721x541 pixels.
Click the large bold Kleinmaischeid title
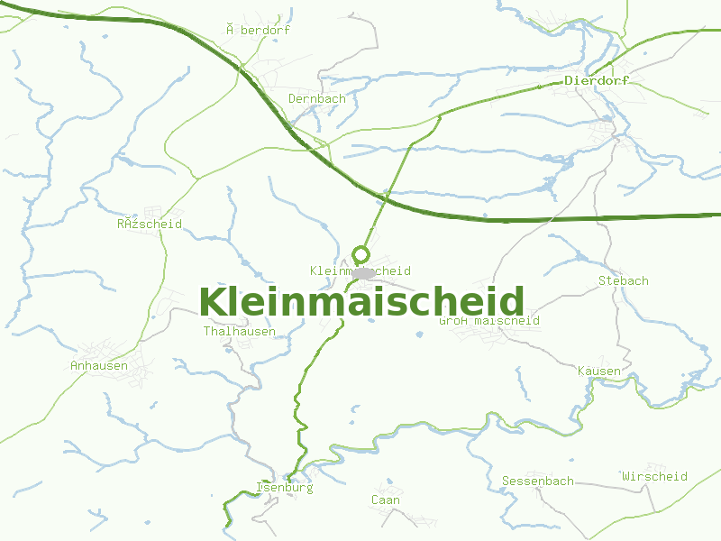pos(361,302)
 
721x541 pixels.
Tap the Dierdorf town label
pos(597,80)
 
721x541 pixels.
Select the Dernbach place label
pos(316,98)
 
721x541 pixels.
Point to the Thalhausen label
pos(239,331)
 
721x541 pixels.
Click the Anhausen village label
pos(99,365)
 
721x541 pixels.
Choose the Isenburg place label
pos(285,487)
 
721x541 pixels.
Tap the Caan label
pos(386,500)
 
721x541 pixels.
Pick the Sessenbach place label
pos(537,481)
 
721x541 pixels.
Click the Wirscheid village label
pos(654,476)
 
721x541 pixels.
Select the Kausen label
pos(598,371)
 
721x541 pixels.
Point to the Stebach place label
pos(623,280)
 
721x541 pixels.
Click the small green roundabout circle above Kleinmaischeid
pos(361,254)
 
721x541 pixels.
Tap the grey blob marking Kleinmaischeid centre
pos(363,272)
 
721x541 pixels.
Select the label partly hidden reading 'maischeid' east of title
pos(489,320)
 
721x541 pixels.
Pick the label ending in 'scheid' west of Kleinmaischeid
pos(150,224)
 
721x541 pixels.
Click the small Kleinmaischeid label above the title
pos(360,270)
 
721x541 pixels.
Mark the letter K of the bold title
pos(213,302)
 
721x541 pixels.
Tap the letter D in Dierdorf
pos(570,80)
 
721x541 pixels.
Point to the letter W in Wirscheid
pos(625,476)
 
